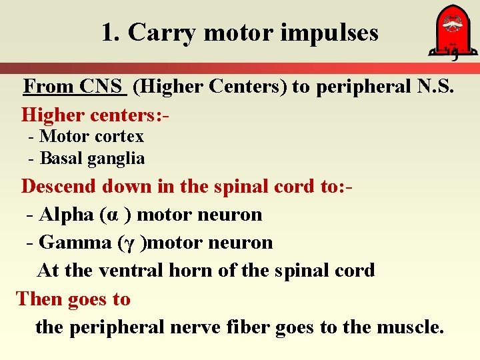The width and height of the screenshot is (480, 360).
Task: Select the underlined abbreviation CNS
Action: pos(102,87)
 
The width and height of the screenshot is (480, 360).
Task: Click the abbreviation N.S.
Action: pos(436,87)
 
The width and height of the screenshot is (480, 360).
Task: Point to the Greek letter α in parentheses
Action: pos(113,215)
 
